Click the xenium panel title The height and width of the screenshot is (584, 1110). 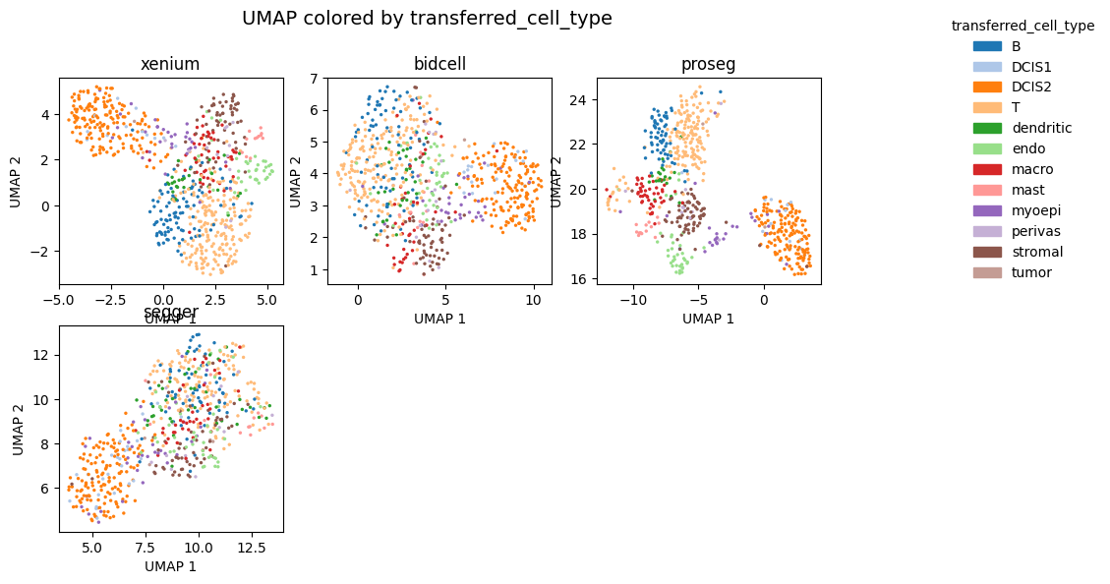coord(170,65)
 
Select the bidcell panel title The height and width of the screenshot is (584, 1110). coord(439,65)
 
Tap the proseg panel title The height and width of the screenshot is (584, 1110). coord(708,65)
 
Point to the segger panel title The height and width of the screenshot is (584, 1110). coord(171,313)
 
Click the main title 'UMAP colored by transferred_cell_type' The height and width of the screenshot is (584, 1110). coord(427,19)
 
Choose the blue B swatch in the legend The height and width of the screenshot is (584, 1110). coord(986,46)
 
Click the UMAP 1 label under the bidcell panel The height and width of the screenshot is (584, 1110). coord(439,319)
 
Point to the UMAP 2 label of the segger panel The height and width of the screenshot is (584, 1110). coord(19,429)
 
